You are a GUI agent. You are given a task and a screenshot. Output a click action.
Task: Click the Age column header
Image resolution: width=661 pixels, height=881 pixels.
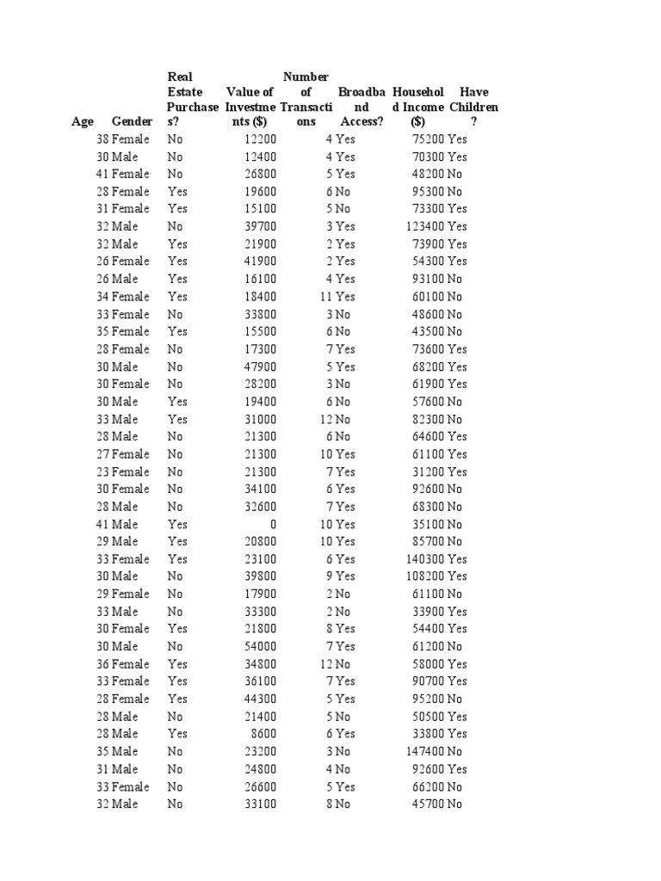tap(82, 122)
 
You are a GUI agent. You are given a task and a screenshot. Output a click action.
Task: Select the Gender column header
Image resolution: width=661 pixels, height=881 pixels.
tap(132, 122)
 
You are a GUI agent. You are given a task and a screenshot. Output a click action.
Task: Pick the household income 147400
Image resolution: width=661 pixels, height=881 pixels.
tap(425, 751)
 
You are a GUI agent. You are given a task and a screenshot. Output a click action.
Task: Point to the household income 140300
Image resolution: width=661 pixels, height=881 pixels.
tap(425, 559)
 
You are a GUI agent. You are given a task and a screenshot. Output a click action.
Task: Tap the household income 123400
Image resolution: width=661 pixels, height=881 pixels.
tap(425, 226)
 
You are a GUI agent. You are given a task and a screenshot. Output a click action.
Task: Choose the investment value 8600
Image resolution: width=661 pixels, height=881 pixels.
tap(265, 734)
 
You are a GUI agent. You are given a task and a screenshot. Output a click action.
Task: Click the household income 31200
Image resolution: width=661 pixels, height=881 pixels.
tap(429, 471)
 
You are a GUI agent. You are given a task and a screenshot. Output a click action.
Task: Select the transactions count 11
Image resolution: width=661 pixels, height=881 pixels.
tap(326, 297)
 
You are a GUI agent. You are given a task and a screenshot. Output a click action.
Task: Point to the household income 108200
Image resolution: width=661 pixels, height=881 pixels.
tap(425, 576)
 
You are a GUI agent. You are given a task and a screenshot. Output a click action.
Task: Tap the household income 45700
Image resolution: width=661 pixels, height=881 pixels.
tap(429, 804)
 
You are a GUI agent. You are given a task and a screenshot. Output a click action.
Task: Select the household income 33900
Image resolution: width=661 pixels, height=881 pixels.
tap(429, 612)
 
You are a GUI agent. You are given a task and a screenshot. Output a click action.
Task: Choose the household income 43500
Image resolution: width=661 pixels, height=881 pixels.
tap(429, 331)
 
